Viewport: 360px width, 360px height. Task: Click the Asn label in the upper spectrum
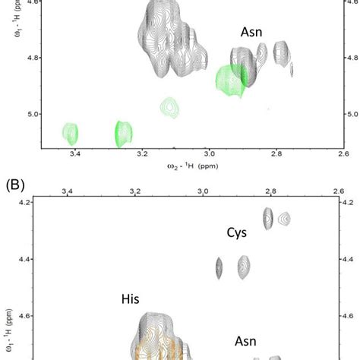pos(254,32)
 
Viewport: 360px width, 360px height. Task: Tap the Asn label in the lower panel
pos(245,342)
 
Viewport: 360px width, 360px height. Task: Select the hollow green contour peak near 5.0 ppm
pos(169,107)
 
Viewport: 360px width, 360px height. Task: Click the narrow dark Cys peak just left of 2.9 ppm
pos(219,267)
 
